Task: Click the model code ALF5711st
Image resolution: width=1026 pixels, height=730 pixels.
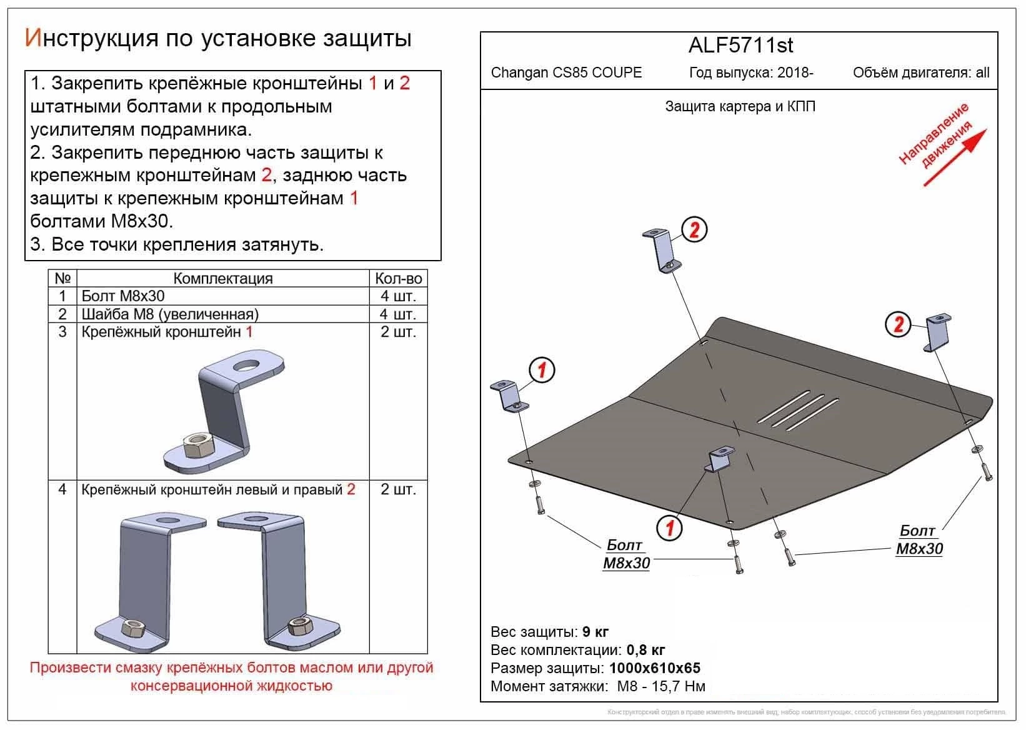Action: click(740, 46)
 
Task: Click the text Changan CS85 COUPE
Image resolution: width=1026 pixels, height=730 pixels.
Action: click(566, 72)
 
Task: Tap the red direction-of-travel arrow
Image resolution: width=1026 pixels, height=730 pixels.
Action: click(955, 157)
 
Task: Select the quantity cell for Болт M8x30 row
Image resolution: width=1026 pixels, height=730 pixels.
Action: click(397, 296)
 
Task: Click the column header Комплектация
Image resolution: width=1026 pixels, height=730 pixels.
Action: click(222, 279)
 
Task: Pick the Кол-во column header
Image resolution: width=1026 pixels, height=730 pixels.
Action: click(398, 279)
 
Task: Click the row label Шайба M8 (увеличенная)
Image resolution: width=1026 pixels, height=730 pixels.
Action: click(170, 314)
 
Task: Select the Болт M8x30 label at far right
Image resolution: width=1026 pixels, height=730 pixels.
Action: click(919, 540)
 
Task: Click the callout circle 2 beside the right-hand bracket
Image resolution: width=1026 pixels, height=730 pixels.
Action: click(898, 324)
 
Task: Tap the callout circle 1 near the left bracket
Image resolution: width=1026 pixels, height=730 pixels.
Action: click(542, 370)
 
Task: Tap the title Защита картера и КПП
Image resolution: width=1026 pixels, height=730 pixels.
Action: click(740, 107)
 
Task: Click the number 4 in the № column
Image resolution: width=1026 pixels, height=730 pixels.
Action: click(62, 489)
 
